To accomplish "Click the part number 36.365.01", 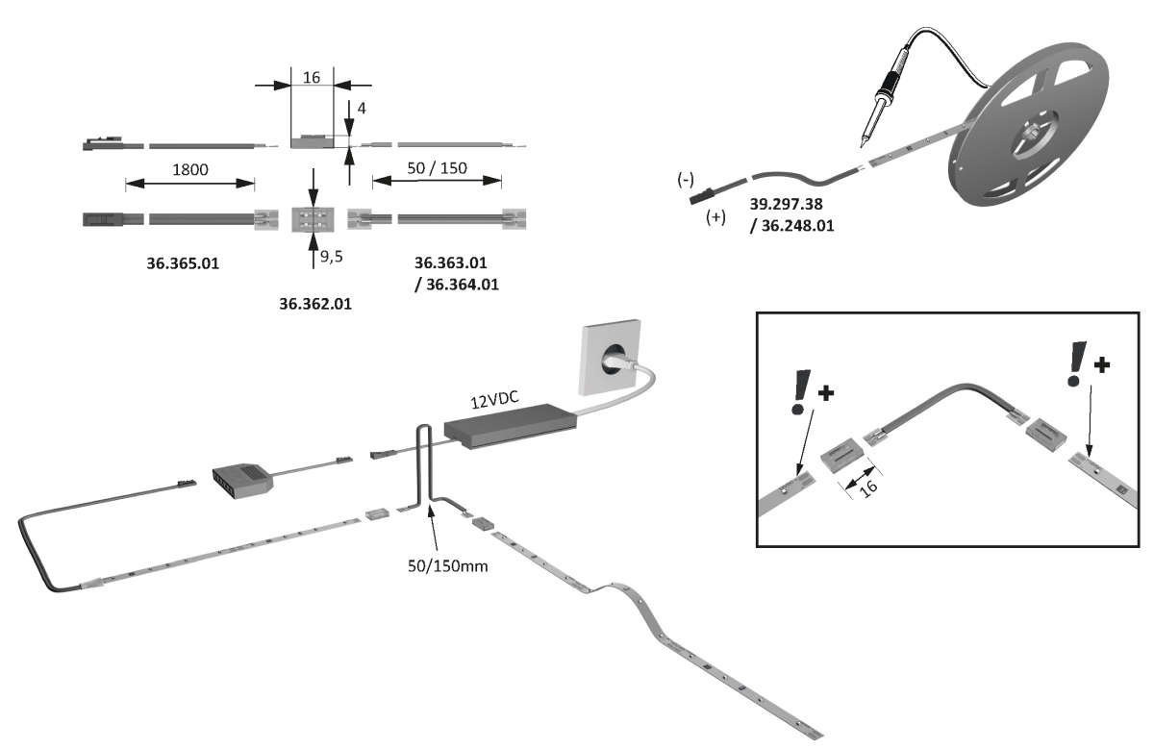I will pos(183,262).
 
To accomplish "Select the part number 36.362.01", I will pos(315,304).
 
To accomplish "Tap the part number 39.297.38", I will pos(788,205).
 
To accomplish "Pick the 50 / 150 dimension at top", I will pos(437,168).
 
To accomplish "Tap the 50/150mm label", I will pos(448,565).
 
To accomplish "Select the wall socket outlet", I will pos(609,358).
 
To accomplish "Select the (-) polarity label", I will pos(686,180).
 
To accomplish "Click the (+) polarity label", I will pos(715,217).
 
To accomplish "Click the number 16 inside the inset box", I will pos(868,488).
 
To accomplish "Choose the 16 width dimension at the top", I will pos(311,77).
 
